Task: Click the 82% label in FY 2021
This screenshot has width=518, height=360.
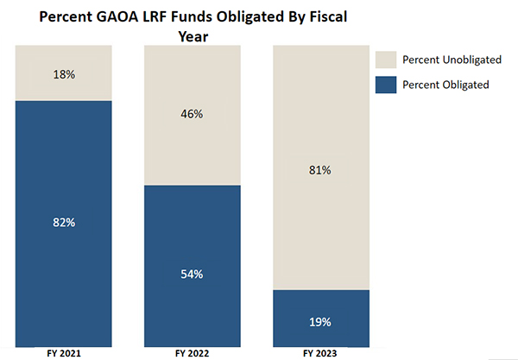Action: point(64,222)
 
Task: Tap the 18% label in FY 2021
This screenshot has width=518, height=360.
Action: point(64,74)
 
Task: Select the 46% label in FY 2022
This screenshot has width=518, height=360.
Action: point(192,113)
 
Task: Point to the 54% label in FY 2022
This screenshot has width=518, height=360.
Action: point(192,275)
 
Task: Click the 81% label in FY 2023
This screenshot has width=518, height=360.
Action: point(320,170)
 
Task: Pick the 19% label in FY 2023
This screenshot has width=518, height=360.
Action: point(320,321)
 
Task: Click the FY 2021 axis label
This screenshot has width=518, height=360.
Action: point(64,354)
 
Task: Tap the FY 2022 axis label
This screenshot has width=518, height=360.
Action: point(192,354)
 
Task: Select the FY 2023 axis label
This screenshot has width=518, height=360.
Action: point(320,354)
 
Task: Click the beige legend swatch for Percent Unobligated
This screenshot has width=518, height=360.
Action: point(385,59)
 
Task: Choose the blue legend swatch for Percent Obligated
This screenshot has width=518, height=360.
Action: point(385,85)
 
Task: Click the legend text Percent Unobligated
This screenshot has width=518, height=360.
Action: point(449,59)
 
